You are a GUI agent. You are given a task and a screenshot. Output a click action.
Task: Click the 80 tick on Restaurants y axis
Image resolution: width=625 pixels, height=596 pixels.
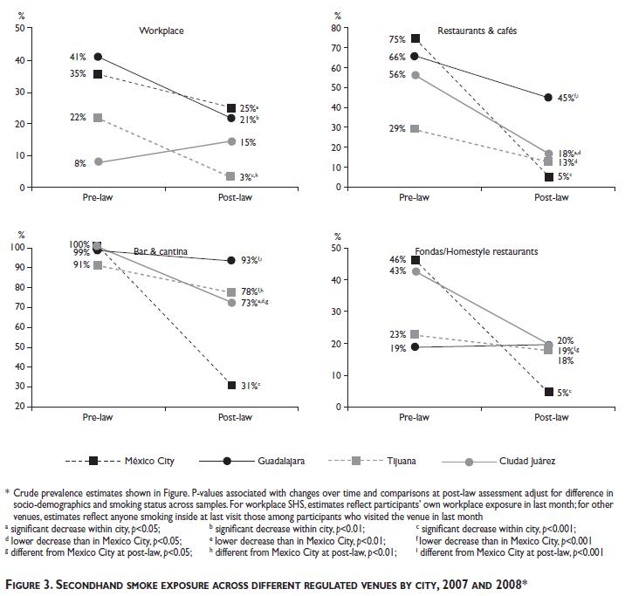tap(333, 29)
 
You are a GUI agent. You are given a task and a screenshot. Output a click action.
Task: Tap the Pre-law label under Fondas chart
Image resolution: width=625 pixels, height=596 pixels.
tap(415, 417)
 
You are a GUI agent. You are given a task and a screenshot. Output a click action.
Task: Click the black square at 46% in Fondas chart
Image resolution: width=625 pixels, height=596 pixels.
tap(416, 260)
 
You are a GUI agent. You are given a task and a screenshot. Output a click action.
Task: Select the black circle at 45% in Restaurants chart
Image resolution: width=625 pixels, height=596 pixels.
tap(548, 98)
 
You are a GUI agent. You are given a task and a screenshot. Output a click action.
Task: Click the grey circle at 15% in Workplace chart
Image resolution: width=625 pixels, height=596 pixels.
tap(230, 141)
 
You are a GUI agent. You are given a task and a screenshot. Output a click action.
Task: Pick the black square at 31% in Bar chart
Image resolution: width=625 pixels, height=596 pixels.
tap(230, 385)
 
